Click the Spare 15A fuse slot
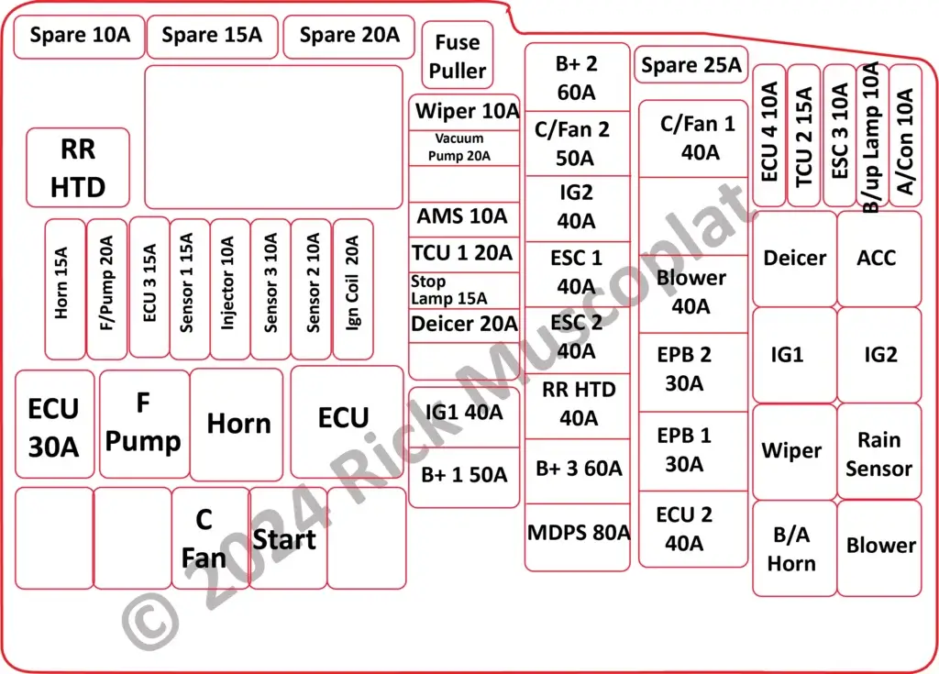coord(212,37)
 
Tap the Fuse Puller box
coord(458,56)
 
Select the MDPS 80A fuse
coord(578,534)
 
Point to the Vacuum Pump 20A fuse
coord(464,148)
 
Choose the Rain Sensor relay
coord(878,454)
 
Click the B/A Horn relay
coord(792,548)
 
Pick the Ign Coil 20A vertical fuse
coord(352,289)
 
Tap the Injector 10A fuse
coord(229,289)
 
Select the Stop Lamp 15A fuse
coord(464,290)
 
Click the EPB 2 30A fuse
coord(693,370)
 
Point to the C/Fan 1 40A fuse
coord(693,138)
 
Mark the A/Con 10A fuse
coord(905,136)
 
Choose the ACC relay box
coord(878,259)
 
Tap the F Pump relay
coord(144,424)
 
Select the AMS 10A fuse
coord(464,217)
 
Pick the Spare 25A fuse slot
coord(690,65)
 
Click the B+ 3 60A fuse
coord(578,470)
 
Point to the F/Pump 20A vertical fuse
coord(106,289)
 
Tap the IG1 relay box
coord(793,355)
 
